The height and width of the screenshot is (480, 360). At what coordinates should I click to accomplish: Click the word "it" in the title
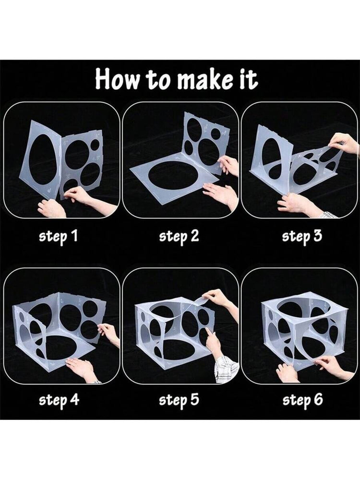click(247, 79)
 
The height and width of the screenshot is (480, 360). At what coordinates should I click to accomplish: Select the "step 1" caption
click(58, 236)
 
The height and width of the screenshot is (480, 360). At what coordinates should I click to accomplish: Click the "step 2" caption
click(179, 236)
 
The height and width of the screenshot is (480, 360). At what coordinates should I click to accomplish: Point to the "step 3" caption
click(302, 236)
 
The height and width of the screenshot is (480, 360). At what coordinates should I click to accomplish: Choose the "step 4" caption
click(59, 400)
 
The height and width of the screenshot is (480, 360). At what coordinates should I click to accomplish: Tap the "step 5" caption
click(179, 400)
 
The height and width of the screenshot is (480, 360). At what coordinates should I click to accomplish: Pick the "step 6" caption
click(302, 400)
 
